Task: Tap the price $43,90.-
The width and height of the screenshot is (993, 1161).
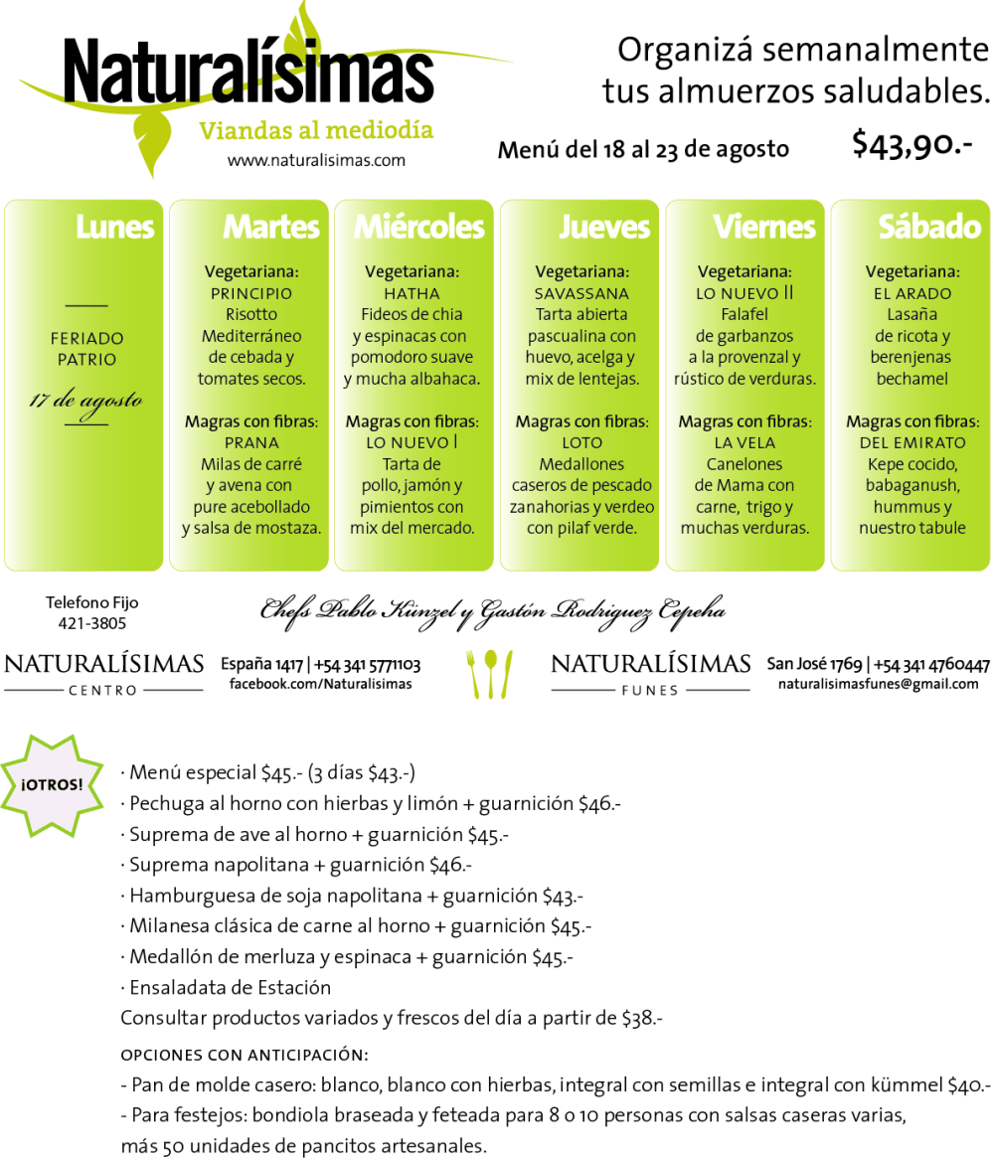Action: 911,145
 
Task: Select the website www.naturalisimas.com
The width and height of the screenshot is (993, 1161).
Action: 316,160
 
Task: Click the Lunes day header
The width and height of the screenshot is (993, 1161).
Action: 115,228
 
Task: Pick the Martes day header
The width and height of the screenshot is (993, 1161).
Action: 271,228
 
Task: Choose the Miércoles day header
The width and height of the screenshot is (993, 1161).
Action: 419,228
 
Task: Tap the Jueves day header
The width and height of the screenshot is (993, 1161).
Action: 604,228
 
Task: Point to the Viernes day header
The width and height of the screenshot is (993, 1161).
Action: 764,228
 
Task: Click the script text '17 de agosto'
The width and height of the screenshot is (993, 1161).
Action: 85,402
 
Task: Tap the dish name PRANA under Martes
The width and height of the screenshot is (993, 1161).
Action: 251,442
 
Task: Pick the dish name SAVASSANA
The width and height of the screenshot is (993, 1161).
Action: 581,293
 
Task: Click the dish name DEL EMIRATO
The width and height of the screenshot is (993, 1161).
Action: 912,442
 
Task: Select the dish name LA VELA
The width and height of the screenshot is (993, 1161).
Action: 745,442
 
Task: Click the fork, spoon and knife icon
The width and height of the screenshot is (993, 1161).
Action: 489,673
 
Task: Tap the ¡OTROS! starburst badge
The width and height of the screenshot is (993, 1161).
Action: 53,783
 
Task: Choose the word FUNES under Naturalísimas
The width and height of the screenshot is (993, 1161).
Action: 650,690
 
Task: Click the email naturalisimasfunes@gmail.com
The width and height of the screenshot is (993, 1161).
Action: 878,684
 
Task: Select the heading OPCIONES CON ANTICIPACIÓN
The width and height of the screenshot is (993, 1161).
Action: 245,1055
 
